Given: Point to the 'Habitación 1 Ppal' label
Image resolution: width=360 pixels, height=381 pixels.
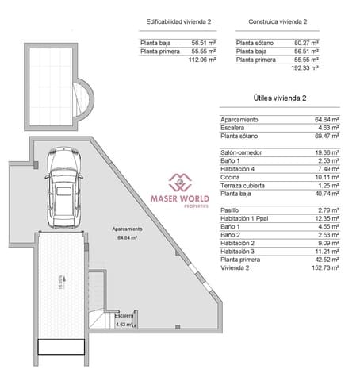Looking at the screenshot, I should pyautogui.click(x=246, y=218).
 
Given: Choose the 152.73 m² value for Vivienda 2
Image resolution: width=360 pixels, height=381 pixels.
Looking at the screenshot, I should pyautogui.click(x=326, y=267).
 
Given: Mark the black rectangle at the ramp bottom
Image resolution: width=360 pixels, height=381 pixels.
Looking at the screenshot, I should pyautogui.click(x=61, y=346).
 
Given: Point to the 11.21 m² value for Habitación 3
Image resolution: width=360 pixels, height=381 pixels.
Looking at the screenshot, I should pyautogui.click(x=327, y=251).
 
